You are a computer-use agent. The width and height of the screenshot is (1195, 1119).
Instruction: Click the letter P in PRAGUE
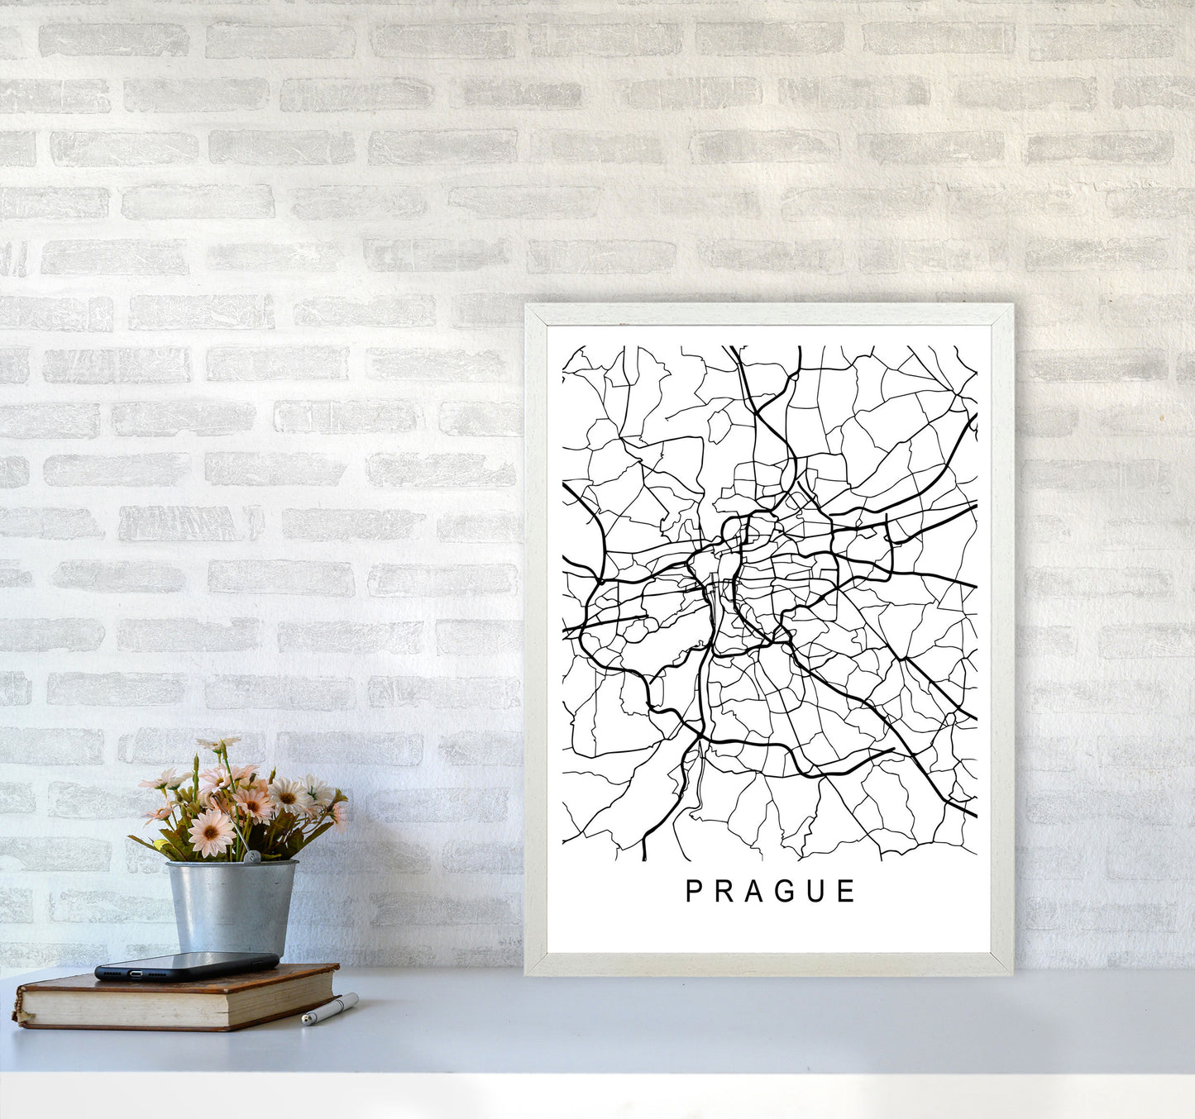695,891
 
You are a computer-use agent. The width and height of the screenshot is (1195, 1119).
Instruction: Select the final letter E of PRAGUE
847,891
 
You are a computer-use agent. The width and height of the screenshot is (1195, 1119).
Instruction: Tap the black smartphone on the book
186,965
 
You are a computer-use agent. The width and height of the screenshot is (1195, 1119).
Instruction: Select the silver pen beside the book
330,1010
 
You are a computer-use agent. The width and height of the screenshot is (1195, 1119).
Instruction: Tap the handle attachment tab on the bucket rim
255,859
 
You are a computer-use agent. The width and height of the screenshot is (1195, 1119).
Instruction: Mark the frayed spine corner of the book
18,1013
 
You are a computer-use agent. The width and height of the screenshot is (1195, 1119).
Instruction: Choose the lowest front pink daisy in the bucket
211,831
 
